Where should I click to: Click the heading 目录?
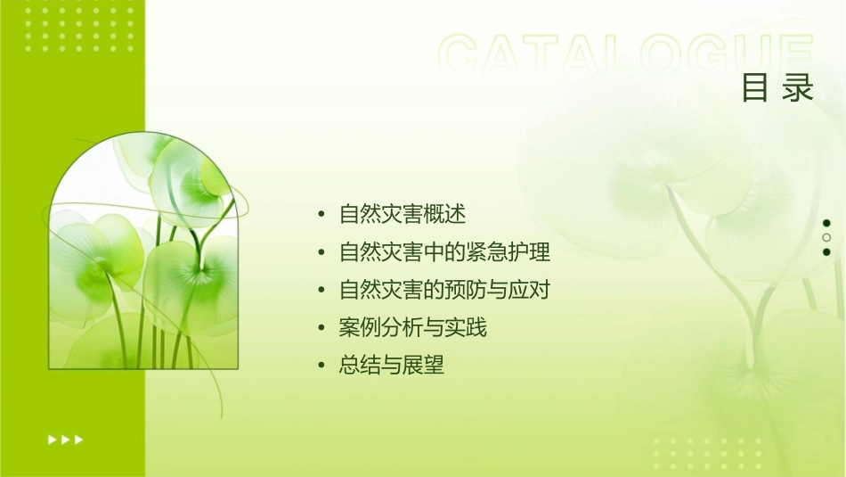[777, 88]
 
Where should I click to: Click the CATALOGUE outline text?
[626, 55]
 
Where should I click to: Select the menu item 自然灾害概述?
[403, 214]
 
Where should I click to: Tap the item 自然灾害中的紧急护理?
[444, 252]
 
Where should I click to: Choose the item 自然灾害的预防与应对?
[451, 290]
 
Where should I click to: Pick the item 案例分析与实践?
[412, 328]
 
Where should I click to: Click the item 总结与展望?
[391, 366]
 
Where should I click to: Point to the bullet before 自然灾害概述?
[321, 215]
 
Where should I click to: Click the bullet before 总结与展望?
[321, 366]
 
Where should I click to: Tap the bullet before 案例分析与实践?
[321, 329]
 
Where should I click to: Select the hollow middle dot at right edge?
[826, 237]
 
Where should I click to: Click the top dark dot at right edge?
[826, 223]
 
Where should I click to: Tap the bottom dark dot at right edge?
[826, 251]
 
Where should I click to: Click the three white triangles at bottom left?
[65, 439]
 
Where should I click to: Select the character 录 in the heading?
[799, 88]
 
